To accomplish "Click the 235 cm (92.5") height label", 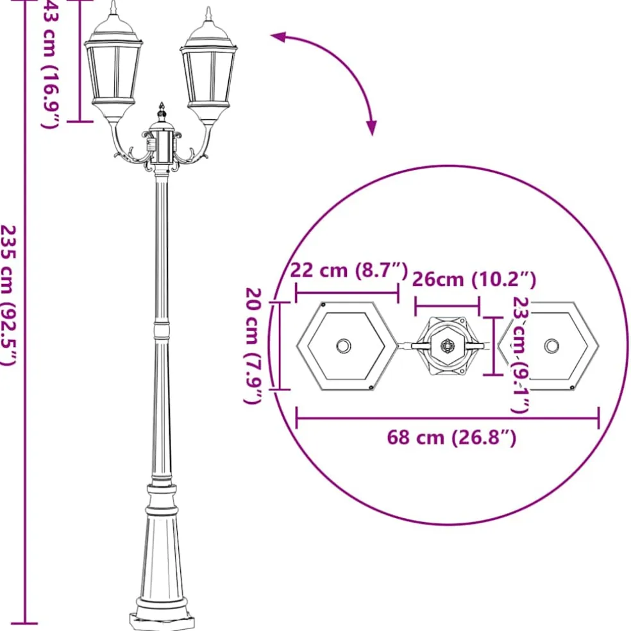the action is tap(9, 296).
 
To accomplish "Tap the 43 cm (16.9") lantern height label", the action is tap(51, 64).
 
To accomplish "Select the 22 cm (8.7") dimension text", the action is tap(349, 270).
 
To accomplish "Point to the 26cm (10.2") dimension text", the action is tap(474, 280).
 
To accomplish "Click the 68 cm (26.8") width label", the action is tap(451, 437).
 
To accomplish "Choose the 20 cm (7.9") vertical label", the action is tap(253, 346).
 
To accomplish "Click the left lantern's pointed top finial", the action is tap(114, 7).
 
